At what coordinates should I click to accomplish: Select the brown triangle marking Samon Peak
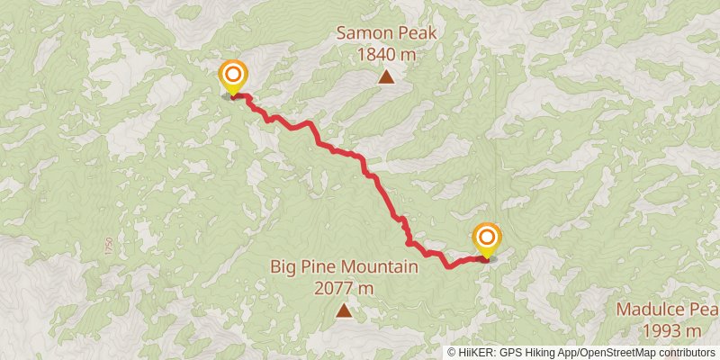click(x=387, y=76)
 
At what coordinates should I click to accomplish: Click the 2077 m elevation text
click(x=344, y=289)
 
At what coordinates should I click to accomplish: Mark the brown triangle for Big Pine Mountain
click(x=344, y=311)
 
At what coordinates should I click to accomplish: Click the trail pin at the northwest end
click(x=233, y=76)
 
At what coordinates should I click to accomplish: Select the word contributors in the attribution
click(x=685, y=353)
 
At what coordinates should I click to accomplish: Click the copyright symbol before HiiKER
click(x=453, y=353)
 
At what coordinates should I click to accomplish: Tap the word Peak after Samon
click(x=418, y=34)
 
